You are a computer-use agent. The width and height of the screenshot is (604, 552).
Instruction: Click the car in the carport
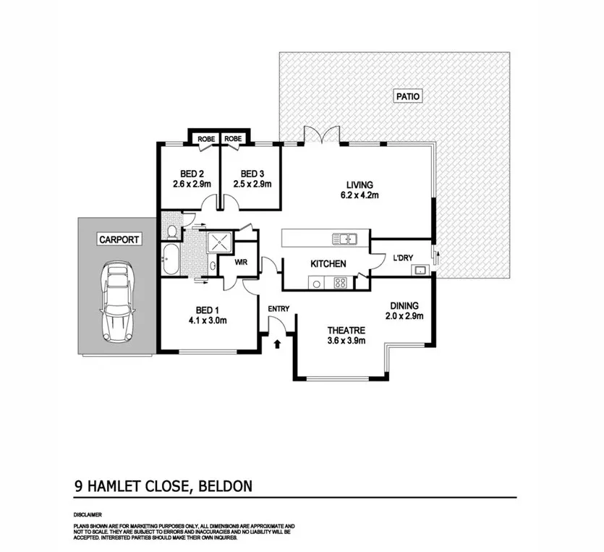tap(119, 302)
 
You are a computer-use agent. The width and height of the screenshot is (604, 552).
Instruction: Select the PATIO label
tap(408, 95)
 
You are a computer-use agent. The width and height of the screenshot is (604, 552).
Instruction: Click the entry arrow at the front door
tap(278, 343)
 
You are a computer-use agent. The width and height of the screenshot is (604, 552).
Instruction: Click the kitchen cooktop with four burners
tap(339, 282)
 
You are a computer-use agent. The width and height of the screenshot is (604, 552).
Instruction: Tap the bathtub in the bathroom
tap(171, 259)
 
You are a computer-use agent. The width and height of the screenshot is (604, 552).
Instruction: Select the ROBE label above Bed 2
tap(205, 139)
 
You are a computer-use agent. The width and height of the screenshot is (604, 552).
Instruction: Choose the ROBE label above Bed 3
tap(234, 139)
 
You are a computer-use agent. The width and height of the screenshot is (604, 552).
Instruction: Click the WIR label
tap(241, 263)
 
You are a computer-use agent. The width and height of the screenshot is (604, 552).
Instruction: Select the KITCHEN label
tap(328, 264)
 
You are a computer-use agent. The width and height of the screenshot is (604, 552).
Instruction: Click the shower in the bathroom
tap(218, 241)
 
